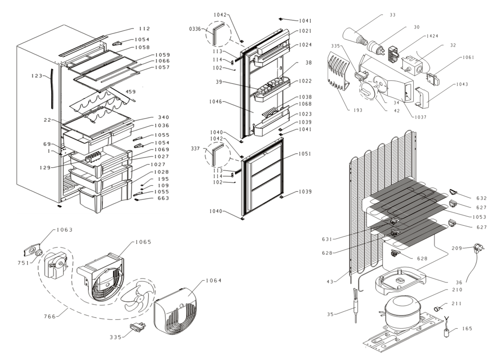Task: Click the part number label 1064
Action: (x=213, y=280)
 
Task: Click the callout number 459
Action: (x=130, y=91)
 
